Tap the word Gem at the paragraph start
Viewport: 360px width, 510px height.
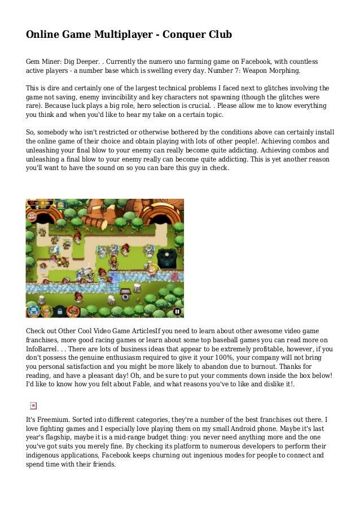point(33,62)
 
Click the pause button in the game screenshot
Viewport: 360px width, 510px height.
point(177,311)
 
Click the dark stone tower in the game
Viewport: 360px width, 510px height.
point(167,259)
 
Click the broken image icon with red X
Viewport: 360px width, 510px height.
point(33,406)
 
